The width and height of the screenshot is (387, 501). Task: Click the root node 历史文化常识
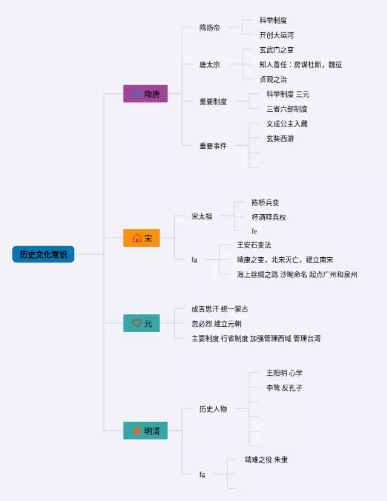tap(43, 254)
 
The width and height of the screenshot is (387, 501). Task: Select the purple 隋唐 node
tap(145, 94)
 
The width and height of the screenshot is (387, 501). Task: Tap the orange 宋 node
tap(141, 238)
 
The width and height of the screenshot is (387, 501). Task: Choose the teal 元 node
tap(141, 324)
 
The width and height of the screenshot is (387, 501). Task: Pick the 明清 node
tap(145, 431)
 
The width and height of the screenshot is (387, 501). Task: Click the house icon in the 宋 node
tap(137, 238)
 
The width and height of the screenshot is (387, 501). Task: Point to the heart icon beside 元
tap(137, 324)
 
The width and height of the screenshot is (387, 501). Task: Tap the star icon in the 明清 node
tap(137, 431)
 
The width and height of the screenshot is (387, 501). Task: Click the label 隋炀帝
tap(210, 28)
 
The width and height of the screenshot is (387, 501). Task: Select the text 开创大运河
tap(276, 35)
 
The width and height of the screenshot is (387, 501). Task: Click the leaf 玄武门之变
tap(276, 50)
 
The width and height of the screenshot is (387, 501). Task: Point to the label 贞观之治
tap(273, 79)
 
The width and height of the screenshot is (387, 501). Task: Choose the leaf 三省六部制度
tap(287, 109)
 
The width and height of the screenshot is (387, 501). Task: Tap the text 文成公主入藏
tap(287, 123)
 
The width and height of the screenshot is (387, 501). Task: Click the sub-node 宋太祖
tap(202, 216)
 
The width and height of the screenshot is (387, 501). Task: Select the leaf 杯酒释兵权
tap(268, 217)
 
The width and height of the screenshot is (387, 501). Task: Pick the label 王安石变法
tap(254, 245)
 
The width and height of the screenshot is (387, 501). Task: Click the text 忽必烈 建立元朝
tap(216, 324)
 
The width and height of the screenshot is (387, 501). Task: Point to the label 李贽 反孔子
tap(284, 388)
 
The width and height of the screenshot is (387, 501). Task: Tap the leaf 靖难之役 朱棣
tap(266, 460)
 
